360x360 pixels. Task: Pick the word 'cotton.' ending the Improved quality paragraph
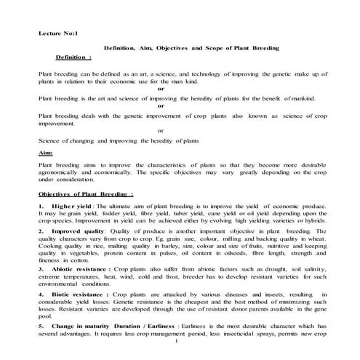point(75,259)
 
